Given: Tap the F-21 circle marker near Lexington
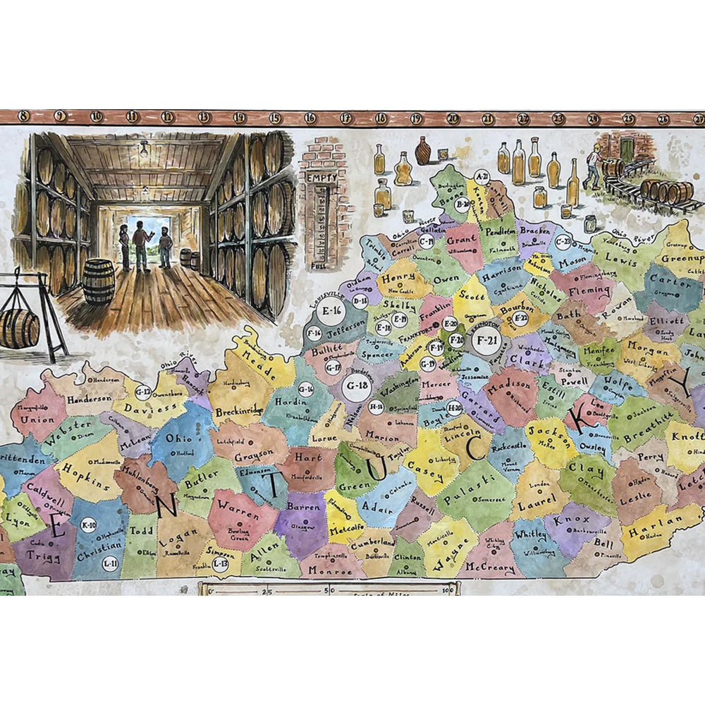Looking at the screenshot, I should click(x=484, y=340).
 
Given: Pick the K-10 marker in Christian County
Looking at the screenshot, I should click(x=90, y=525).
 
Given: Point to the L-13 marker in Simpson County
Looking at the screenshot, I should click(x=221, y=563).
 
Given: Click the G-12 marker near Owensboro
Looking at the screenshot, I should click(x=143, y=391).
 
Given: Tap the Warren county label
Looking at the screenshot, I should click(x=233, y=505).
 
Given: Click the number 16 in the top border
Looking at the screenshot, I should click(x=309, y=118).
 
